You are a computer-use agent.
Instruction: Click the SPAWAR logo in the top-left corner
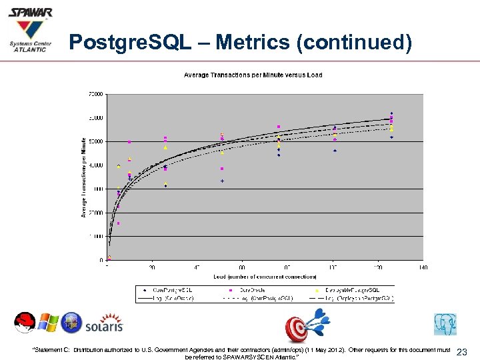[29, 31]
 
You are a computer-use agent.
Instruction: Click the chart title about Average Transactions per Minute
[253, 75]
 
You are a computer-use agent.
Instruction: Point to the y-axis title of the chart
[84, 177]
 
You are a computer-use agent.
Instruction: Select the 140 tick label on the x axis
[423, 267]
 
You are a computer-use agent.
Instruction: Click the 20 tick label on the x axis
[152, 267]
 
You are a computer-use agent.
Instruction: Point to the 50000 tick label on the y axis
[96, 141]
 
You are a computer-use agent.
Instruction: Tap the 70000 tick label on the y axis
[96, 94]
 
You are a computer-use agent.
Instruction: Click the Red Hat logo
[25, 323]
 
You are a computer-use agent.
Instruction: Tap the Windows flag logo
[48, 323]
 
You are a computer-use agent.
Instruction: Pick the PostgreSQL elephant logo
[445, 325]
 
